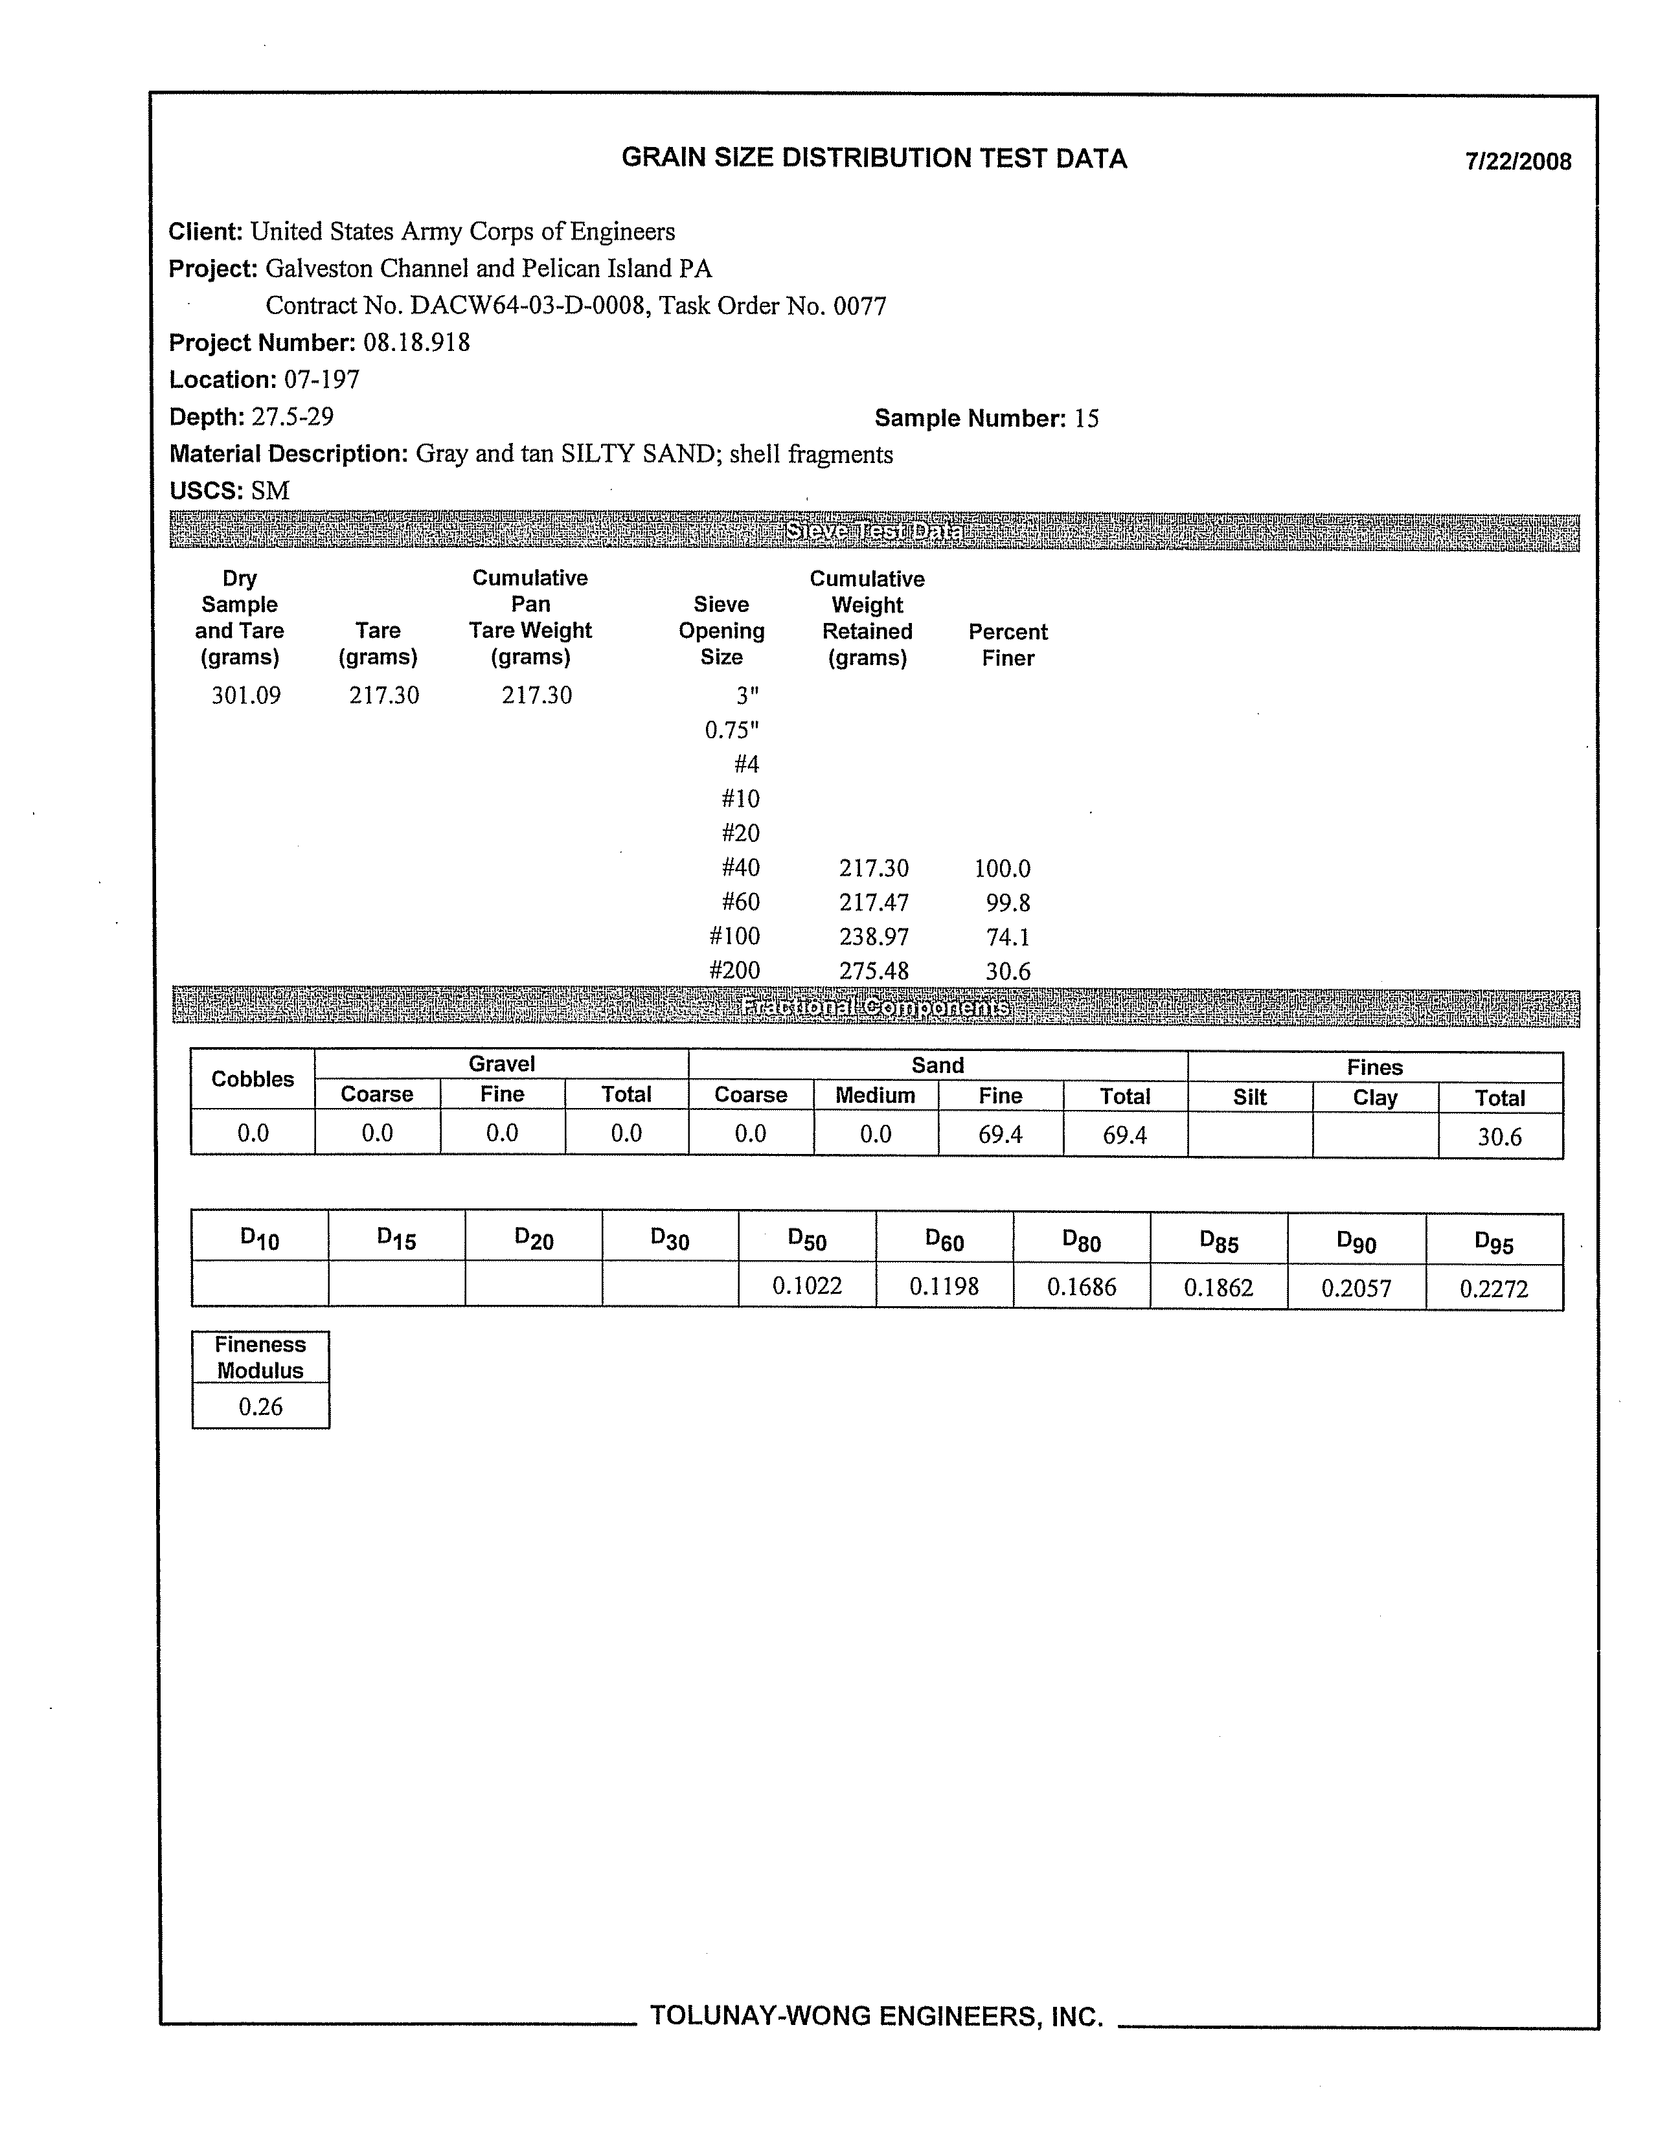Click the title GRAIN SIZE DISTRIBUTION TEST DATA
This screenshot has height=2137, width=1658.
874,159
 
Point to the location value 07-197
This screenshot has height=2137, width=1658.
322,379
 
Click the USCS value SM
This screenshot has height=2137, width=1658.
270,492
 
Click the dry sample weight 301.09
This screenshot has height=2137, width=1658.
245,695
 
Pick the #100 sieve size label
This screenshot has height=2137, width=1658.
734,936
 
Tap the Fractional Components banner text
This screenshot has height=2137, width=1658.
875,1007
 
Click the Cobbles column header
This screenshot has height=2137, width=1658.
253,1080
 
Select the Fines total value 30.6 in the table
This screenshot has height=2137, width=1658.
1499,1137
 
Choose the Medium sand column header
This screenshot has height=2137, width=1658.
875,1096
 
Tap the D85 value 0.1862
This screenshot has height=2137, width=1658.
1218,1287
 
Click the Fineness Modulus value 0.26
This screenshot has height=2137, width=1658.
260,1407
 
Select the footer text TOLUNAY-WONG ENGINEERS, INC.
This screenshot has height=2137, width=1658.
876,2016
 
